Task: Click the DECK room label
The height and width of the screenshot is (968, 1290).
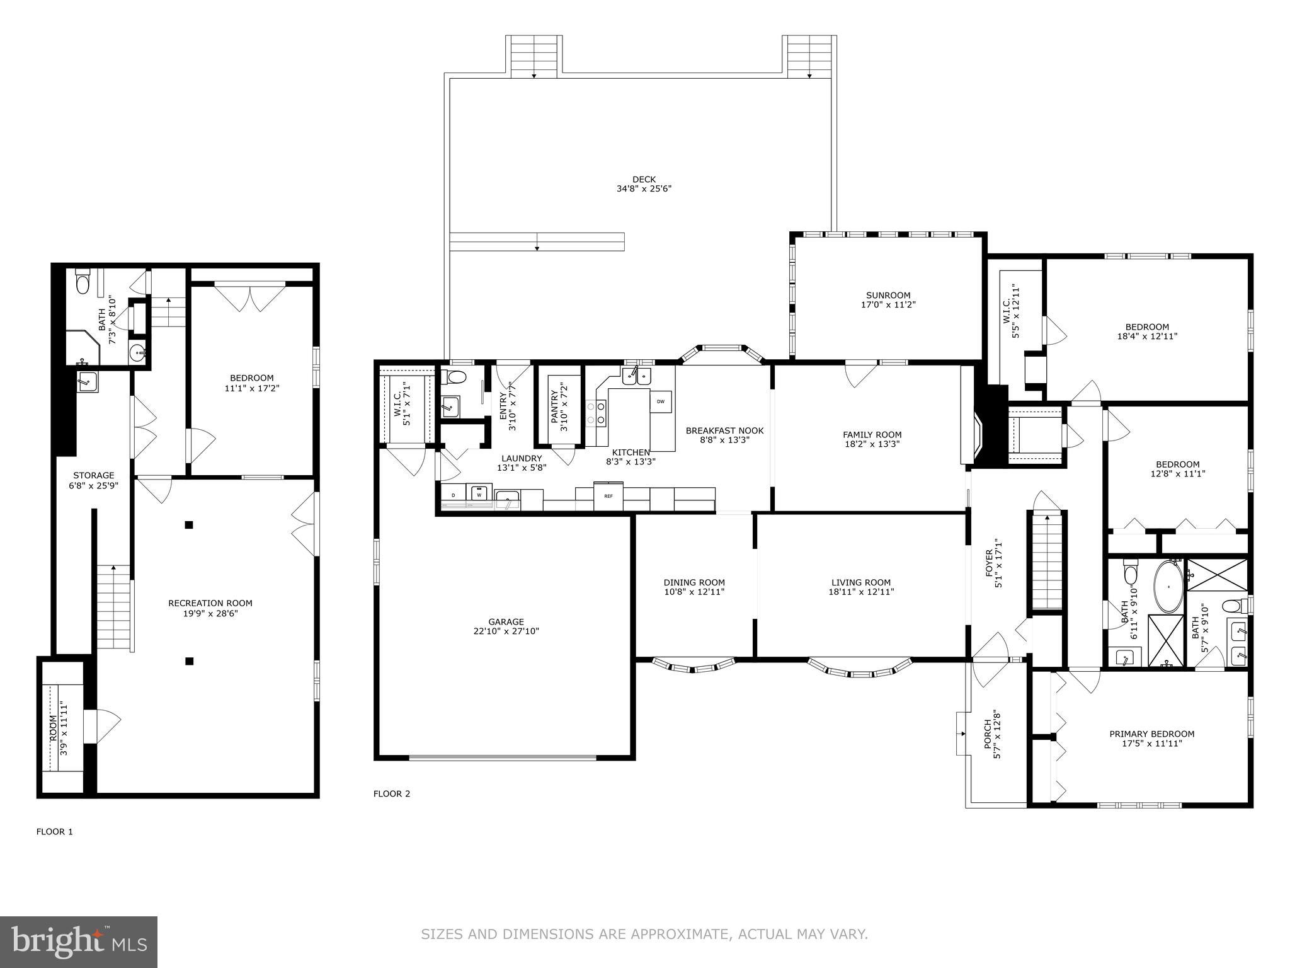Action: pos(644,180)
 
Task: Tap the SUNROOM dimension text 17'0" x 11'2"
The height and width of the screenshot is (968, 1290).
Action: pos(888,305)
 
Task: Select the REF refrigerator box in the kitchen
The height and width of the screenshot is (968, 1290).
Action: pos(608,496)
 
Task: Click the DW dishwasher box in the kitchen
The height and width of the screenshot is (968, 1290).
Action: pos(661,401)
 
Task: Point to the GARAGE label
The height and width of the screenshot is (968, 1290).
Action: pos(506,622)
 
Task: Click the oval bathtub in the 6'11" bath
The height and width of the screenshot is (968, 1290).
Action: pos(1168,588)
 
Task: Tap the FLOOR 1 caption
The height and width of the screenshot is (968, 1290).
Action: pos(55,832)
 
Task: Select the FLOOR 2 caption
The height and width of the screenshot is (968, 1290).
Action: pos(392,794)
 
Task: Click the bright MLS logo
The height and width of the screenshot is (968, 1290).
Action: pos(79,942)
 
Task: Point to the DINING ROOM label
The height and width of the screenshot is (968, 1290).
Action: pos(694,583)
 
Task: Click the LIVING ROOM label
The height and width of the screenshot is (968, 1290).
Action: pos(861,583)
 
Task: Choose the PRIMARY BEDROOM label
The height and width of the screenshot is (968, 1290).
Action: pos(1151,734)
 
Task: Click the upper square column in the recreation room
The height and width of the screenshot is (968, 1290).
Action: pos(189,525)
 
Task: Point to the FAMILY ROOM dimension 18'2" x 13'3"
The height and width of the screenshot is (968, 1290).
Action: pos(872,444)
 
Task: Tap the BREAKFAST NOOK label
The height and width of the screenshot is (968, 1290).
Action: pos(724,431)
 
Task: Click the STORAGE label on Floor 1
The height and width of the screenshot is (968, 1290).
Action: pos(94,476)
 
